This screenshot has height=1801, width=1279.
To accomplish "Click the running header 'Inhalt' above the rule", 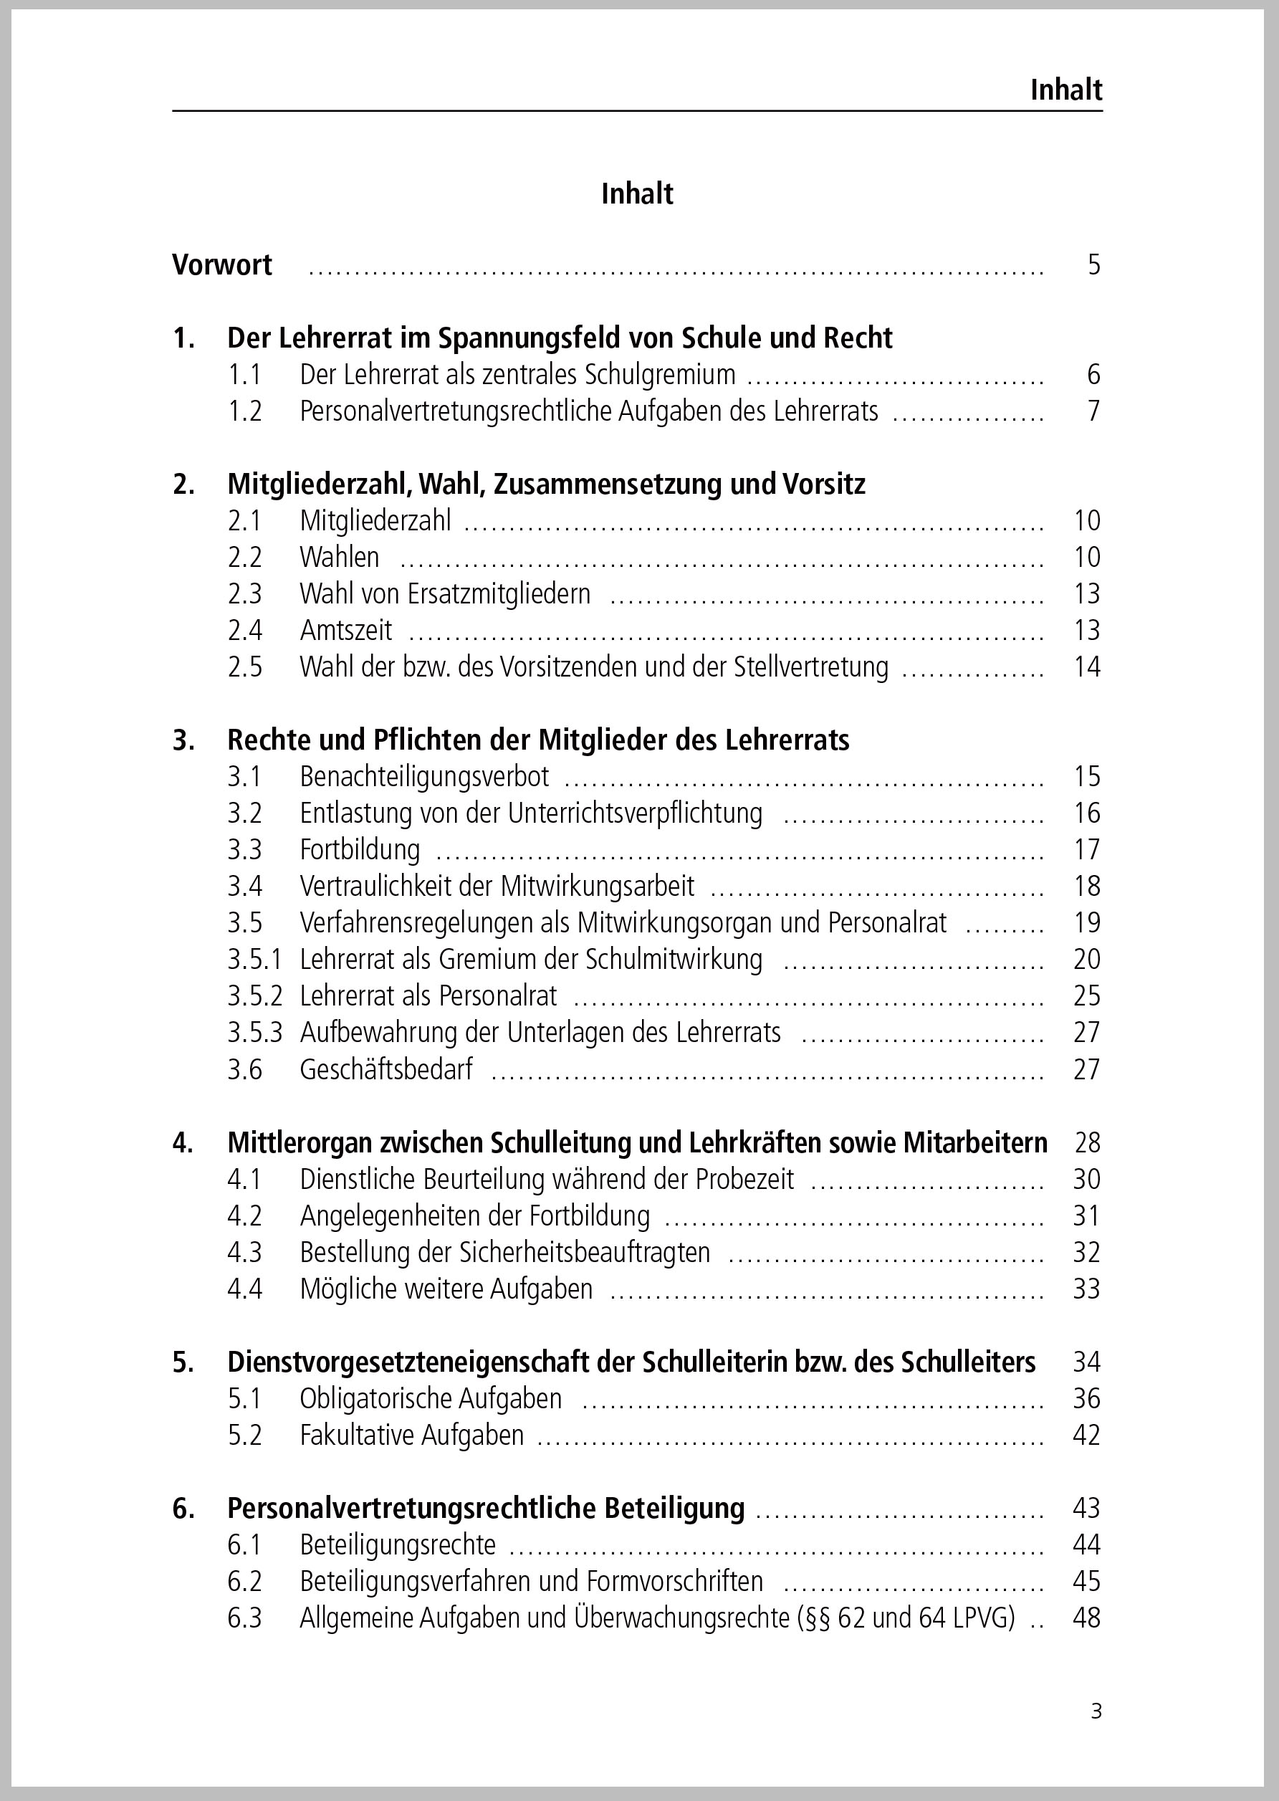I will tap(1065, 90).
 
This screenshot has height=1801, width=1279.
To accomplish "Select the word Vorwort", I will tap(222, 264).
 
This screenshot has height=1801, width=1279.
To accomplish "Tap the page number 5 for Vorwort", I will tap(1094, 264).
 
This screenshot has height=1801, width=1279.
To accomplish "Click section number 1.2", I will tap(245, 411).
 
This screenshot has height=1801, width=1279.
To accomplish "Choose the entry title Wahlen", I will tap(340, 558).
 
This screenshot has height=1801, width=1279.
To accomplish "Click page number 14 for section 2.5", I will tap(1087, 667).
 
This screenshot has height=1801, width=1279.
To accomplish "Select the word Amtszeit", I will tap(346, 631).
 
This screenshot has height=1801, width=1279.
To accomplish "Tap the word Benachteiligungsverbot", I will tap(424, 778).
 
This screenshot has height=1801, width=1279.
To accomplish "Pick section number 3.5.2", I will tap(254, 996).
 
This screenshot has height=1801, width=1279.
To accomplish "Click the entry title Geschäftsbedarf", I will tap(386, 1069).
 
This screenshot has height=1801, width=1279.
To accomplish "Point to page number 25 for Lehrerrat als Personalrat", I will tap(1087, 996).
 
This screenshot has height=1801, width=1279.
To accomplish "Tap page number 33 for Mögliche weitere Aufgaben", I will tap(1087, 1289).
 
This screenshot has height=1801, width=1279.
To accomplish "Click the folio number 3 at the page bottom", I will tap(1096, 1711).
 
